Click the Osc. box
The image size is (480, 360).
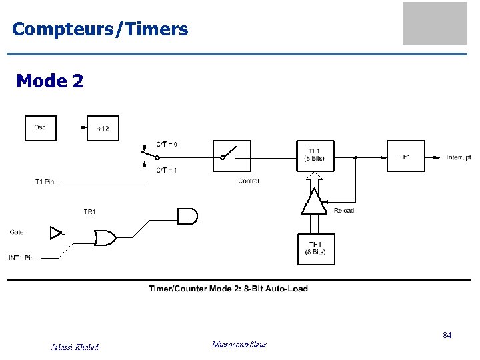pos(41,128)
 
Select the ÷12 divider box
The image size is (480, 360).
pos(103,128)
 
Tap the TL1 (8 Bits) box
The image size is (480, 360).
pos(315,156)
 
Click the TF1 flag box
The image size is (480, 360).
pos(405,156)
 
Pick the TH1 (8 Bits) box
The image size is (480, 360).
pos(315,249)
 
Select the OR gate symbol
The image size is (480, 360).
pos(105,237)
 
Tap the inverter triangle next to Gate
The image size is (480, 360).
pos(56,232)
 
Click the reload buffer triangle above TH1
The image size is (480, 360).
pos(314,201)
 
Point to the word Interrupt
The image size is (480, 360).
pos(459,157)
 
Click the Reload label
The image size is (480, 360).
pos(344,211)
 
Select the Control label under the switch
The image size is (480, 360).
pos(249,181)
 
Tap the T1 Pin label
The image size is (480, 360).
pos(45,182)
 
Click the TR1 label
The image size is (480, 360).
pos(89,212)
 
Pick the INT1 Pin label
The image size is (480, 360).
pos(21,258)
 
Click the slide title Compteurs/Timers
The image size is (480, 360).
pos(100,29)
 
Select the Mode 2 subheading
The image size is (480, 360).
pos(50,81)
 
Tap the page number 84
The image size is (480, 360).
pos(447,335)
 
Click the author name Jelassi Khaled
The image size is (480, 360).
pos(75,347)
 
